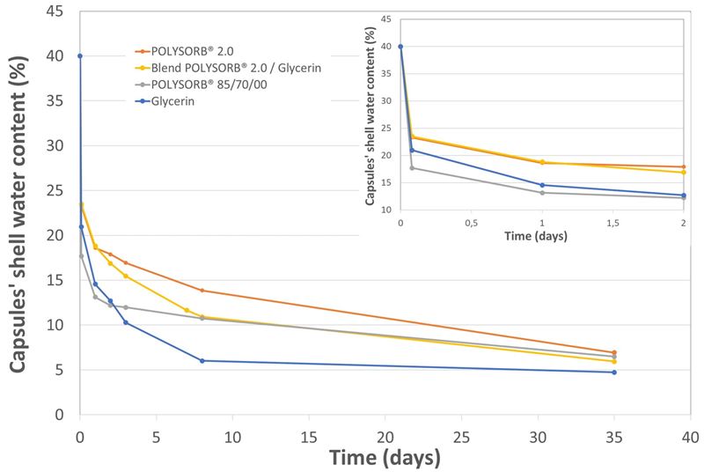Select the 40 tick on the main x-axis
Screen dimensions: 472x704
coord(690,436)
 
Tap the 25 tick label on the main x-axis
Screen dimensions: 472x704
coord(461,436)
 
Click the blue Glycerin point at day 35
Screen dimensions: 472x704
coord(613,372)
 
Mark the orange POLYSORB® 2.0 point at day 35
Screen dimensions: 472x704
coord(613,352)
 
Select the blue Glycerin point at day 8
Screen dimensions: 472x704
coord(202,360)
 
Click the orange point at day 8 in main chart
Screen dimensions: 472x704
coord(202,291)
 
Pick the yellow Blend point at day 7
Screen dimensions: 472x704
coord(187,310)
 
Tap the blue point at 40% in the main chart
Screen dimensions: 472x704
coord(80,55)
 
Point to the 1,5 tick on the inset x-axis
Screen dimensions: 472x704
coord(612,223)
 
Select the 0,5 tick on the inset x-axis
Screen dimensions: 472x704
coord(471,223)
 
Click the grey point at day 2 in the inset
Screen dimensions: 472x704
coord(684,197)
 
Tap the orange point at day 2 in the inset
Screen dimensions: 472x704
coord(684,166)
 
